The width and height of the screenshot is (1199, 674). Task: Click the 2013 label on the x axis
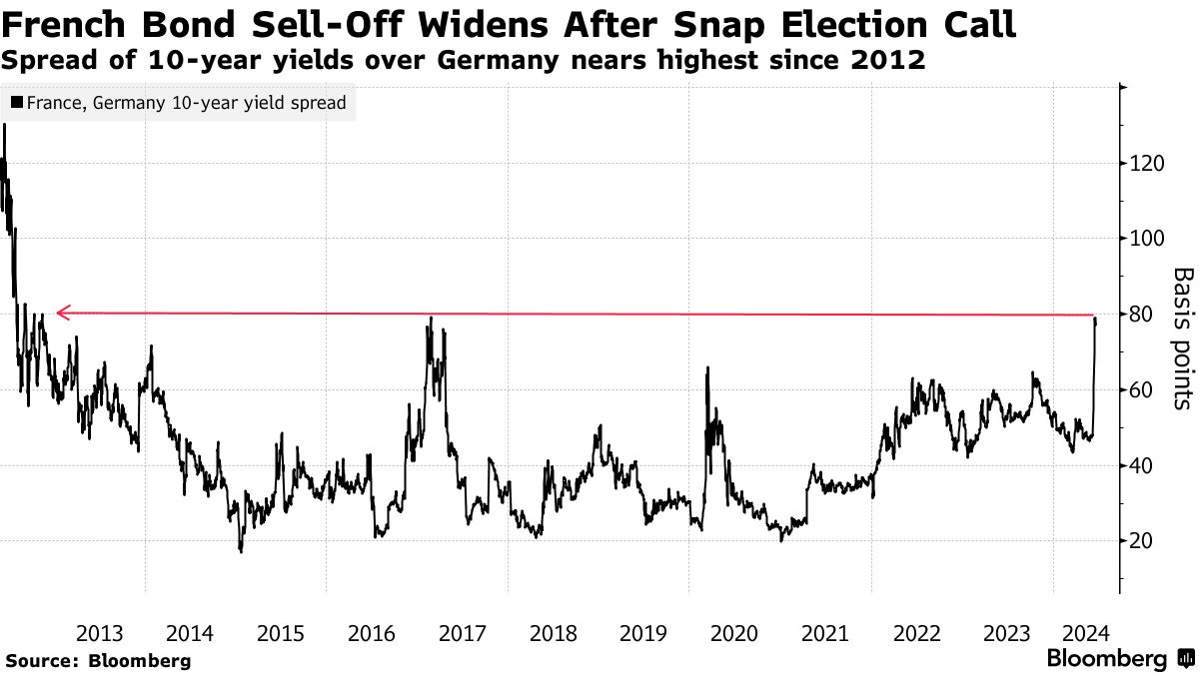pyautogui.click(x=99, y=633)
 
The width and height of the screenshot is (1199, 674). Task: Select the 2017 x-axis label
pyautogui.click(x=462, y=633)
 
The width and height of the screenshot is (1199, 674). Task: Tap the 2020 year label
pyautogui.click(x=733, y=633)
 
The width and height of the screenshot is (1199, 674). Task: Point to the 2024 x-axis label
pyautogui.click(x=1084, y=633)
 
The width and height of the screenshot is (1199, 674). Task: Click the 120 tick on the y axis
pyautogui.click(x=1147, y=163)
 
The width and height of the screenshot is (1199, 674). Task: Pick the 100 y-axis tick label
pyautogui.click(x=1147, y=239)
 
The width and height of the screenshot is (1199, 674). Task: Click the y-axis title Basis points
pyautogui.click(x=1182, y=337)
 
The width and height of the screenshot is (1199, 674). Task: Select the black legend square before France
pyautogui.click(x=17, y=103)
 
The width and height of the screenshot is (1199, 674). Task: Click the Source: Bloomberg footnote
pyautogui.click(x=97, y=660)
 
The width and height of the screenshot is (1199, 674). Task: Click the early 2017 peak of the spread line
pyautogui.click(x=431, y=319)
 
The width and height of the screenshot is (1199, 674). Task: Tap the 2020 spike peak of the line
pyautogui.click(x=707, y=367)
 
